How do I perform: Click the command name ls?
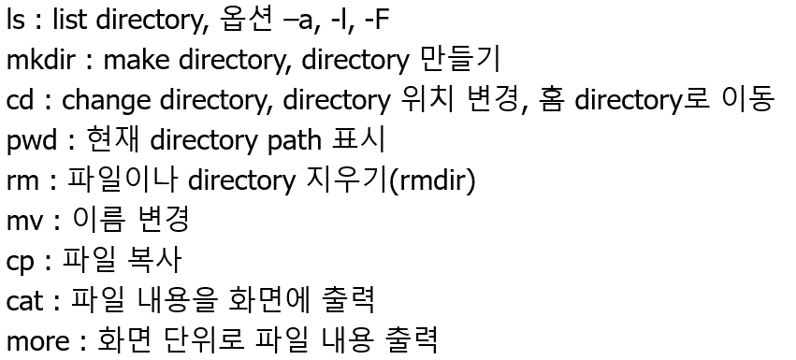[x=15, y=21]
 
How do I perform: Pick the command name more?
[x=38, y=341]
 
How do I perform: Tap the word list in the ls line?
[x=69, y=21]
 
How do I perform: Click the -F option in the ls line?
[x=376, y=21]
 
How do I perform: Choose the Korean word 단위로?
[x=204, y=339]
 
